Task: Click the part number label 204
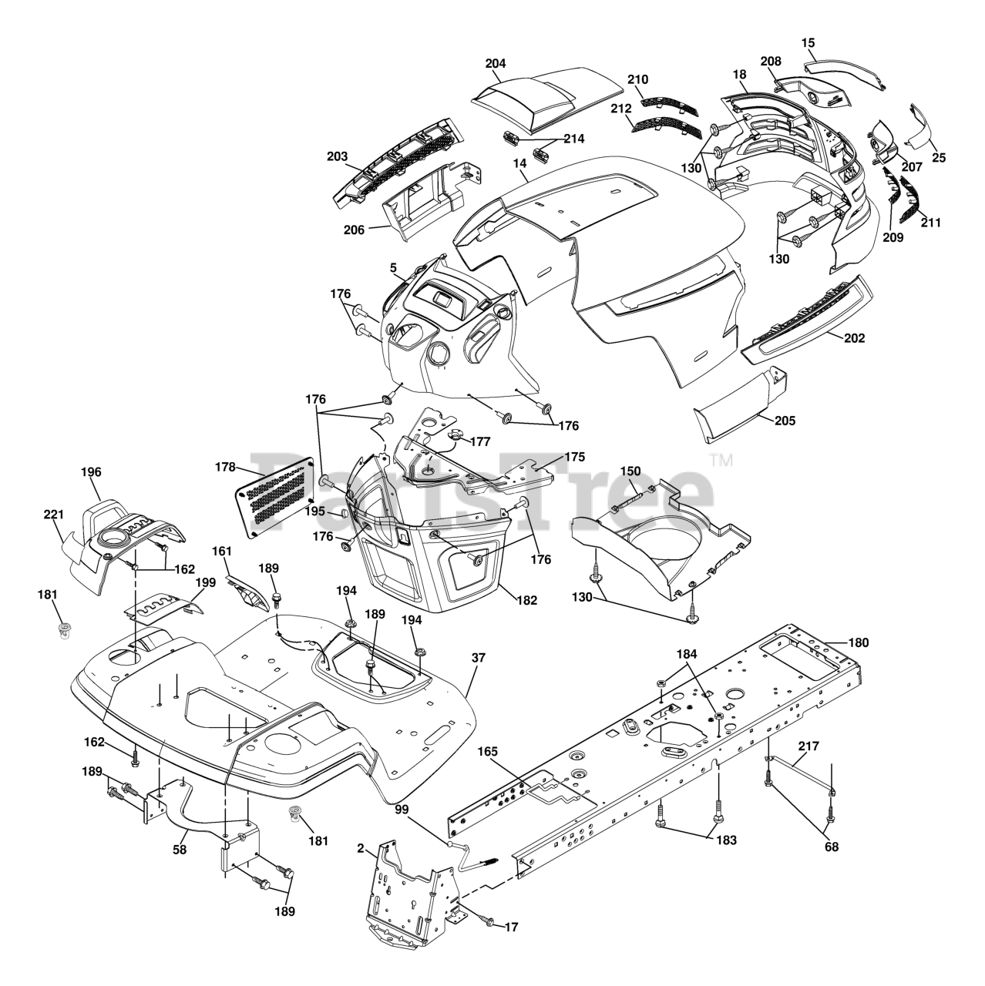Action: pos(496,64)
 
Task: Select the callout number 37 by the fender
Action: pos(480,659)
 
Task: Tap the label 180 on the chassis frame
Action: pos(858,642)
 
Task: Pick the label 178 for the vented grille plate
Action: pos(225,467)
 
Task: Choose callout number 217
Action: pos(809,746)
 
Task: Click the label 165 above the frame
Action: pos(488,750)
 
